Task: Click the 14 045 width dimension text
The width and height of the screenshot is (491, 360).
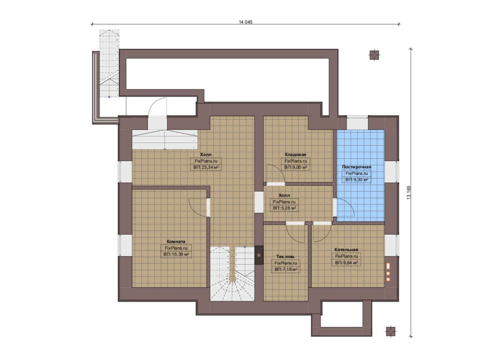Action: click(x=245, y=22)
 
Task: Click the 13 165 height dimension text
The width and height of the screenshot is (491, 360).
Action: click(x=409, y=193)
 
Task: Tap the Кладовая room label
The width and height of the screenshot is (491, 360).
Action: click(x=295, y=155)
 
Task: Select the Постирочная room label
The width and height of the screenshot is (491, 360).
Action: click(x=357, y=167)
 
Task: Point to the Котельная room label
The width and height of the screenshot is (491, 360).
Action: click(x=346, y=250)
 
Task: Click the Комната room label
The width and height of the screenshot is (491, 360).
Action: click(x=176, y=242)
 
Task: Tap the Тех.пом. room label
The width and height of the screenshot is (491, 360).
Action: click(x=285, y=256)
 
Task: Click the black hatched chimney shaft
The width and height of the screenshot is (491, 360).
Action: click(x=259, y=255)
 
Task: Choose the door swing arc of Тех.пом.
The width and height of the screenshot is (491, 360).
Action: click(x=292, y=237)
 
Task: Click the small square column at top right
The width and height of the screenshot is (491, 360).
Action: click(x=374, y=55)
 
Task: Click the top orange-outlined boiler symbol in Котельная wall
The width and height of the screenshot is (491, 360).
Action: click(x=388, y=266)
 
